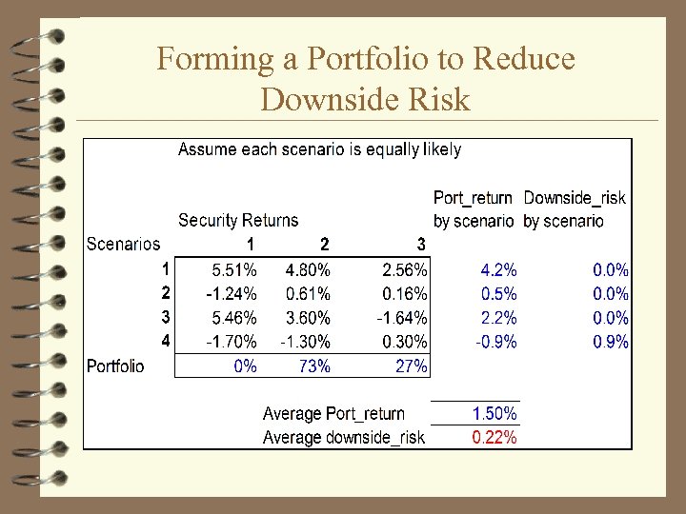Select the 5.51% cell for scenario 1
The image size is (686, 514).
click(233, 270)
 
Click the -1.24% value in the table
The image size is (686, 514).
click(232, 294)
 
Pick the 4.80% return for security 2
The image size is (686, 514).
click(308, 270)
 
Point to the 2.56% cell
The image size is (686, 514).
click(404, 270)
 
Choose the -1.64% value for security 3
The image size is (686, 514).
click(402, 318)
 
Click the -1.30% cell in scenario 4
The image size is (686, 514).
click(305, 342)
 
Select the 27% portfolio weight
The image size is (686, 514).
click(411, 366)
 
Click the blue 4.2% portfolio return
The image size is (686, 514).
click(498, 270)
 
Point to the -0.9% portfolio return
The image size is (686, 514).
click(495, 342)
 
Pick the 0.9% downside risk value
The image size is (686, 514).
click(611, 342)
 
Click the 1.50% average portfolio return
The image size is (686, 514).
click(494, 413)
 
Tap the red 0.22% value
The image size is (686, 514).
click(494, 437)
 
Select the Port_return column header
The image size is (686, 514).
click(473, 198)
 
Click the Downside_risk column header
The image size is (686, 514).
click(575, 198)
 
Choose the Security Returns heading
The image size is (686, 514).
click(238, 221)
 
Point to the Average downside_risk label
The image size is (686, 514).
click(344, 437)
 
